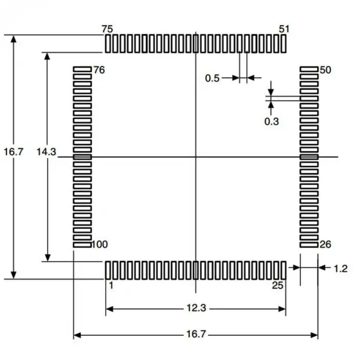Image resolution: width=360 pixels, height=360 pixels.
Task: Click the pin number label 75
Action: pos(107,29)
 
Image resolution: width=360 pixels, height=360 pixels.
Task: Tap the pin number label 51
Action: pos(284,29)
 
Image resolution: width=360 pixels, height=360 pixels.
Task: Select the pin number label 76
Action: pos(99,70)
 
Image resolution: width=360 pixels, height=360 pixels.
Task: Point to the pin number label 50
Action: pos(325,70)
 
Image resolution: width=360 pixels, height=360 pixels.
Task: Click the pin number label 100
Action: pos(100,244)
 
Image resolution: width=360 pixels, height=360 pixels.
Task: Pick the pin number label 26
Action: pos(325,244)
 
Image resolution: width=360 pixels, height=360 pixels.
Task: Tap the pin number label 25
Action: pos(278,285)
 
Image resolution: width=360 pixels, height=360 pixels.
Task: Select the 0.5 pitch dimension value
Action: pos(212,78)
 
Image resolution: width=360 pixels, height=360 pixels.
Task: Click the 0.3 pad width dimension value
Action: pos(271,121)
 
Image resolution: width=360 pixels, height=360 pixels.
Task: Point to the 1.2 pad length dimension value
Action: pos(340,268)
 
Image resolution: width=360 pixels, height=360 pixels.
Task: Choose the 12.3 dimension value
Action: pos(196,309)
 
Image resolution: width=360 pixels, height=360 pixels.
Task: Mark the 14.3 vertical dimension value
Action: pos(46,152)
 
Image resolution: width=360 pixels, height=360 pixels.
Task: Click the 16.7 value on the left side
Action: pos(13,152)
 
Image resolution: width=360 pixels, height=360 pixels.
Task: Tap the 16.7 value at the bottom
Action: pos(196,334)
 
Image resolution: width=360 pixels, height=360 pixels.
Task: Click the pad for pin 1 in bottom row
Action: pos(108,269)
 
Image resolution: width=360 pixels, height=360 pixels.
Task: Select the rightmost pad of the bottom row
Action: pos(283,269)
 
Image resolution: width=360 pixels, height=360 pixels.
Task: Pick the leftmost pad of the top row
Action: pos(108,44)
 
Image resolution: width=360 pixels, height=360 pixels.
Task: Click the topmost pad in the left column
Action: pos(82,68)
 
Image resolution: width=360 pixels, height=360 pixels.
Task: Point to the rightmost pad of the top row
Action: pos(283,44)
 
